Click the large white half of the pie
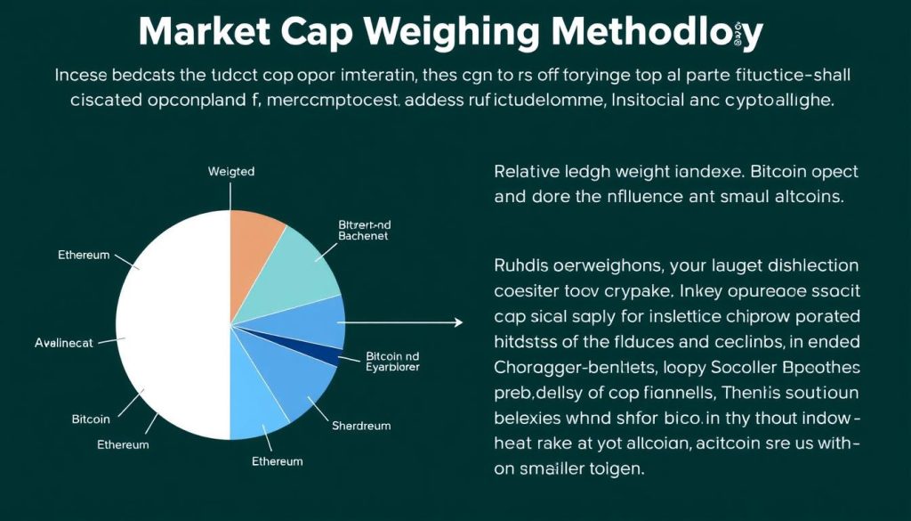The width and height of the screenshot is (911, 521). point(173,325)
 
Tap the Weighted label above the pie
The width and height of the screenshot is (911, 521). point(230,171)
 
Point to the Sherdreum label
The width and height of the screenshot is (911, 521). point(361,426)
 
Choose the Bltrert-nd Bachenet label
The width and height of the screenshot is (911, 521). point(364,231)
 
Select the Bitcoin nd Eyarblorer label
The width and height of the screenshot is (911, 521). point(392,361)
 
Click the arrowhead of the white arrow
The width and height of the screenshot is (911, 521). point(459,322)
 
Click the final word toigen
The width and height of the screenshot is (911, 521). point(610,468)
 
